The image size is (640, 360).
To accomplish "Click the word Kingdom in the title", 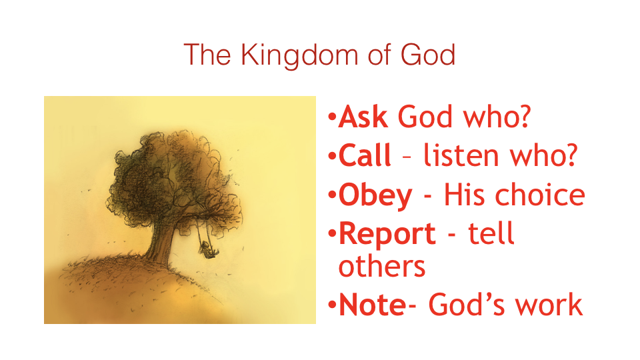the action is pos(299,56).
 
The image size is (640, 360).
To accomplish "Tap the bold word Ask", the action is pos(363,117).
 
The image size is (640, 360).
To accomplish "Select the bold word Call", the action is pos(365,155).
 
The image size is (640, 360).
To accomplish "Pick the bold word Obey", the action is pos(375,196).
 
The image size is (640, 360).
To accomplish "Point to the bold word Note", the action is pos(373,305).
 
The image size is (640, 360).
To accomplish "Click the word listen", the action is pos(461,155).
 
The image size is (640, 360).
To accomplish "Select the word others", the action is pos(382,266).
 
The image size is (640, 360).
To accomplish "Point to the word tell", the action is pos(491,233).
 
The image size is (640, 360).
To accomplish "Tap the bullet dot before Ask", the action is pos(332,118).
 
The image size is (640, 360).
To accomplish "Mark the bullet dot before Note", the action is pos(332,305).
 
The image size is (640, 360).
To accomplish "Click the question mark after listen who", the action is pos(570,155).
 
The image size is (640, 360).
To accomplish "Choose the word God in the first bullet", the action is pos(425,117).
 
